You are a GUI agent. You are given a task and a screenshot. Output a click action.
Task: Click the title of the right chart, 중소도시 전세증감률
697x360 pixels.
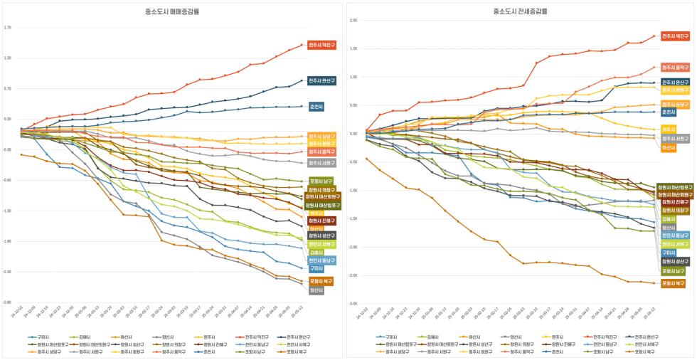coord(521,12)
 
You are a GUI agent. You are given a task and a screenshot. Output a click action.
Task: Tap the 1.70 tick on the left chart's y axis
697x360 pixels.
coord(8,28)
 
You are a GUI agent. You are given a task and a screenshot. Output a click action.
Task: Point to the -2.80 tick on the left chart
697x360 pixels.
coord(8,302)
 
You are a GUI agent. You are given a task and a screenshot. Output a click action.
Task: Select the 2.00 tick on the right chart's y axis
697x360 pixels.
coord(353,21)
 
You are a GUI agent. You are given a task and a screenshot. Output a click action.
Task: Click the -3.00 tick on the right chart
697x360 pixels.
coord(353,304)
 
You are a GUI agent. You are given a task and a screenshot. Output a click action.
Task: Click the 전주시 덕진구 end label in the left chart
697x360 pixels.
coord(321,46)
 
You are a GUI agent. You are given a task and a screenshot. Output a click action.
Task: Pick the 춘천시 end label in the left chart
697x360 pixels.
coord(316,107)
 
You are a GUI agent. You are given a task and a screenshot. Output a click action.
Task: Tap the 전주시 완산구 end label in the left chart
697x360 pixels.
coord(321,81)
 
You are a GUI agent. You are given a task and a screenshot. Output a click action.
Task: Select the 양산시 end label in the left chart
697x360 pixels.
coord(316,290)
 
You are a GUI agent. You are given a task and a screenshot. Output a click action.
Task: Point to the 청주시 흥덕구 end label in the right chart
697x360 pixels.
coord(675,68)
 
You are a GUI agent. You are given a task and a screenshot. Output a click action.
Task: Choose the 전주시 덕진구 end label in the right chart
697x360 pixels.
coord(675,36)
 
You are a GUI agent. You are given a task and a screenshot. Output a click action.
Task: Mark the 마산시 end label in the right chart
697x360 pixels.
coord(669,147)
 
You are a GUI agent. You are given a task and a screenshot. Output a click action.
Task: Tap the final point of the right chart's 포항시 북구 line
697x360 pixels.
coord(654,283)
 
